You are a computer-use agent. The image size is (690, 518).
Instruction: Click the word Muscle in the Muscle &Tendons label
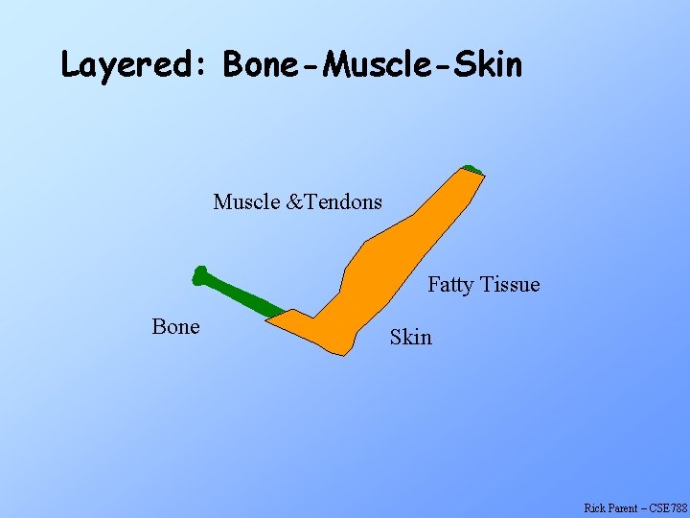coord(246,202)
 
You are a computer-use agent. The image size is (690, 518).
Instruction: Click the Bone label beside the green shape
coord(175,327)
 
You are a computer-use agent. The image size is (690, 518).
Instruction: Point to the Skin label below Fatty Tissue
coord(410,338)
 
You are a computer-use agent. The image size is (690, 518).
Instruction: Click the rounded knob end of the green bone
coord(199,276)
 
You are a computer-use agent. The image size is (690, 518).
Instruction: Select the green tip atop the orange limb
coord(471,170)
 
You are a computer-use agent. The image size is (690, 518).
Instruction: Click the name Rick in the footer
coord(595,507)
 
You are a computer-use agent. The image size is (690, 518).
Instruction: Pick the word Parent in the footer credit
coord(624,507)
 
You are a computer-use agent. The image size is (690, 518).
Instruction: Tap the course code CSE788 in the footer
coord(669,507)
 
